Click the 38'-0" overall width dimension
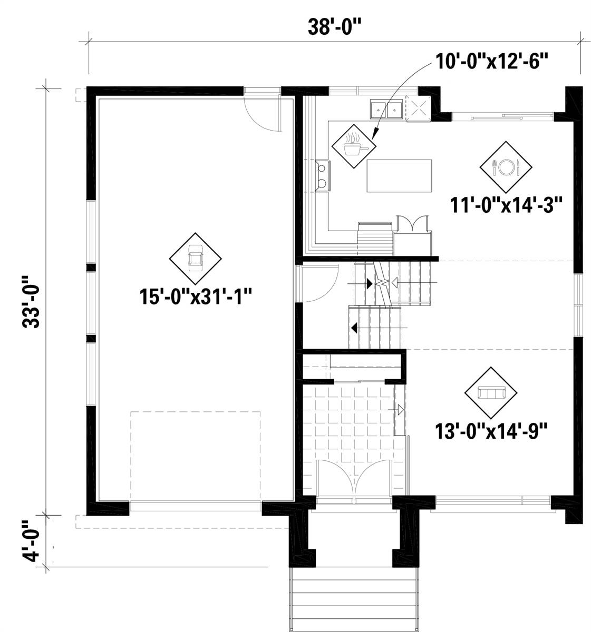pos(335,26)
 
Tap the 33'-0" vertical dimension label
pos(31,301)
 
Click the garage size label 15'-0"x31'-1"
pos(195,296)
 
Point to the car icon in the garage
pos(195,258)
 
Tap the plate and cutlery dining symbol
pos(506,167)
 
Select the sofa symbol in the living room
pos(491,392)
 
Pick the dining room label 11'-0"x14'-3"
pos(506,205)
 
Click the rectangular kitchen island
pos(399,176)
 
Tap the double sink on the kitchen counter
pos(386,109)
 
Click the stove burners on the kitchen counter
pos(323,176)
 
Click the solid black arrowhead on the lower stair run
pos(354,328)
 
